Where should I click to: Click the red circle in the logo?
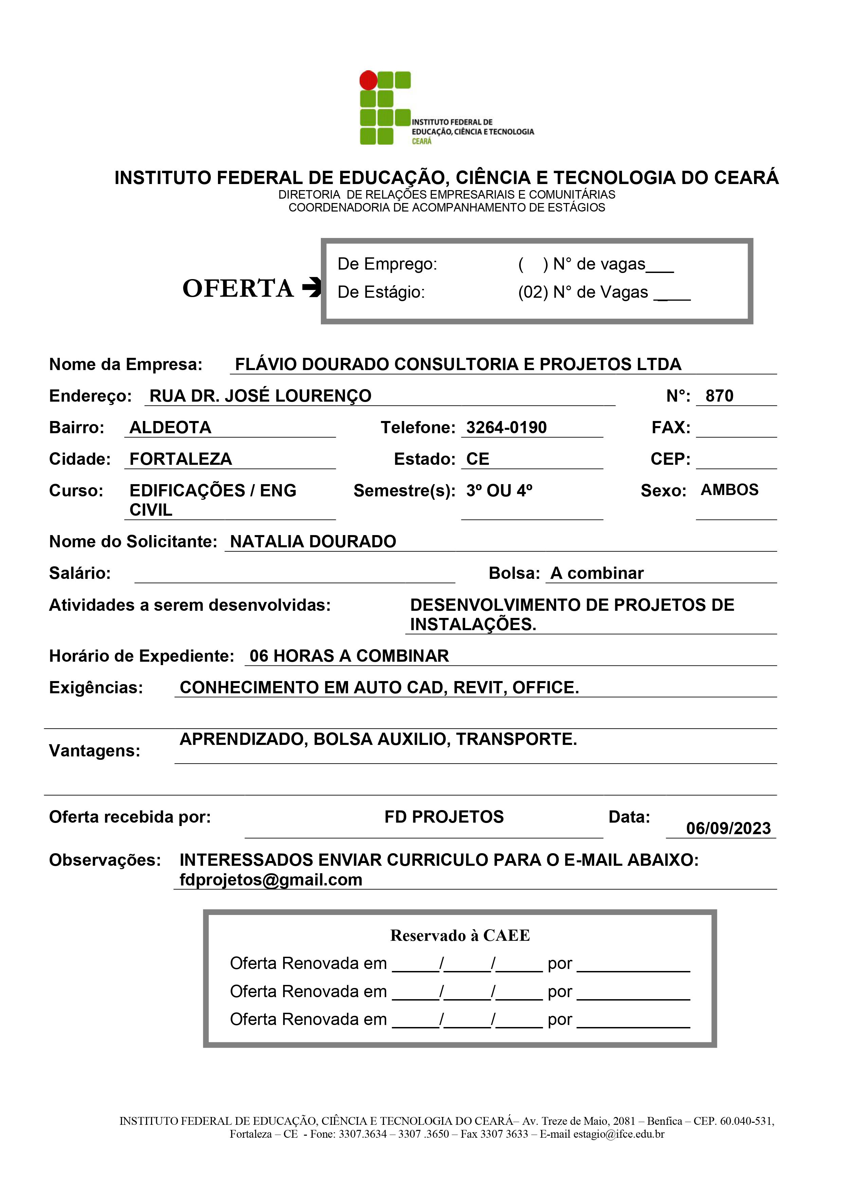tap(368, 80)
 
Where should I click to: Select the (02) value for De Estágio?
tap(533, 292)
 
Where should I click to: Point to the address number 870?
tap(719, 396)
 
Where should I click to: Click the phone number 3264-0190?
tap(506, 427)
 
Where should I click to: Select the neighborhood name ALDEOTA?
tap(170, 427)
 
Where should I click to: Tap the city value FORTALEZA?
tap(181, 459)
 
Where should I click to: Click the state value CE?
tap(477, 459)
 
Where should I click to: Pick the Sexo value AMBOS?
tap(729, 490)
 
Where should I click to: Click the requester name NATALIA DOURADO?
tap(313, 542)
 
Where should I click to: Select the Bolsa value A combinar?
tap(597, 573)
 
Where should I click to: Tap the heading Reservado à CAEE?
tap(460, 935)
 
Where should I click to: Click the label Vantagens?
tap(94, 751)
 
